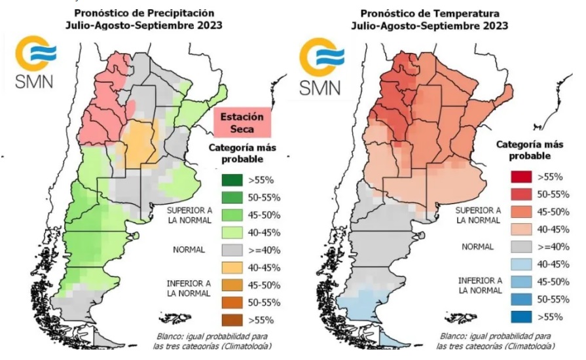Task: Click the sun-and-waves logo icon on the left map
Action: (x=35, y=54)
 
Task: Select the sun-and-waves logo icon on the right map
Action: (x=321, y=56)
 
